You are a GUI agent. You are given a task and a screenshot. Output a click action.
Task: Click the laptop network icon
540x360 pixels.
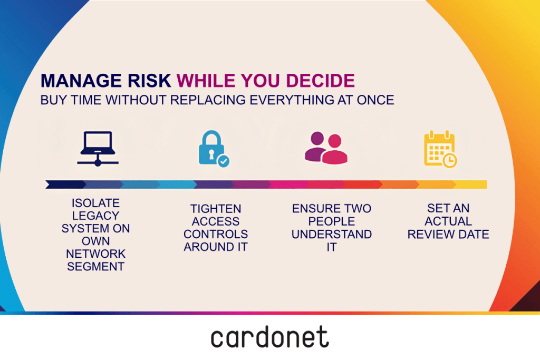(x=98, y=148)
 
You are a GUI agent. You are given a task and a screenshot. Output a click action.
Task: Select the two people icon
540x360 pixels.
(x=326, y=148)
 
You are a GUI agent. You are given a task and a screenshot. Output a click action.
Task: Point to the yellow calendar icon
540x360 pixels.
(x=440, y=149)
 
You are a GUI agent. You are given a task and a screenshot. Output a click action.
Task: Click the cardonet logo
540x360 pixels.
(x=269, y=337)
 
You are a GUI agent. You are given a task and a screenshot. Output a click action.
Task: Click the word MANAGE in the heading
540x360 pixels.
(x=81, y=81)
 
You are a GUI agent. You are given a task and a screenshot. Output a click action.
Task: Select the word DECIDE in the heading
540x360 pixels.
(x=320, y=81)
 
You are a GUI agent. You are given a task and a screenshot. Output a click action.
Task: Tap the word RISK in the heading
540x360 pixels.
(x=149, y=81)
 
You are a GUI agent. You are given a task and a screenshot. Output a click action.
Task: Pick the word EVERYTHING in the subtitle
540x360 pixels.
(x=292, y=100)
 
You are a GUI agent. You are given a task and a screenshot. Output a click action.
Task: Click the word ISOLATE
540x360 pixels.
(x=96, y=203)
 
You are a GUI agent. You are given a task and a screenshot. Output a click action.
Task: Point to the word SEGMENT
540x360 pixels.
(x=96, y=267)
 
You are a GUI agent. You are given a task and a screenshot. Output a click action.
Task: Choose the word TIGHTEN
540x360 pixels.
(x=216, y=209)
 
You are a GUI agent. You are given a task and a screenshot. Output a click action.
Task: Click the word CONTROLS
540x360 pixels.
(x=216, y=235)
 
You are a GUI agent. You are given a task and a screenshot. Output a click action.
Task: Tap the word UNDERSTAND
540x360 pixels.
(x=332, y=235)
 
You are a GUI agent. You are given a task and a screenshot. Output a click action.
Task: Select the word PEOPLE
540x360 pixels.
(x=332, y=221)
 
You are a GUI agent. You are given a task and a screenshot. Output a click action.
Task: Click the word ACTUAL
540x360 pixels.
(x=448, y=221)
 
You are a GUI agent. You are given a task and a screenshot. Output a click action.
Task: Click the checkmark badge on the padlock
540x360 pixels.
(x=224, y=161)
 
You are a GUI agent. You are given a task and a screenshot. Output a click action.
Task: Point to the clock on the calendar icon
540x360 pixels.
(x=450, y=160)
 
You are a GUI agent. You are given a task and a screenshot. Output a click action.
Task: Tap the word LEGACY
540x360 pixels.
(x=96, y=216)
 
